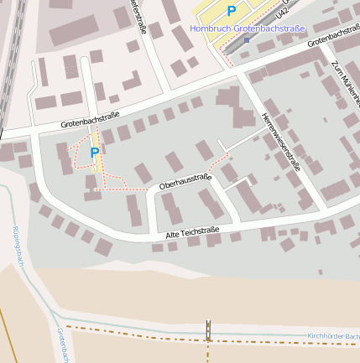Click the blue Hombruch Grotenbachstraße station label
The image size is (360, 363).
(248, 28)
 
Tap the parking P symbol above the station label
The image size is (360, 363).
(232, 11)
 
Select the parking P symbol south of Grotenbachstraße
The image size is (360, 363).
(95, 153)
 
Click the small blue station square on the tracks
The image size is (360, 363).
(247, 40)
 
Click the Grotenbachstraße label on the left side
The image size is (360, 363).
(90, 120)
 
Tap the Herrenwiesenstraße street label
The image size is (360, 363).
(281, 141)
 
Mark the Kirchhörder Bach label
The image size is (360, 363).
(333, 336)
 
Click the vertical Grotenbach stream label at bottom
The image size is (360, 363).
(61, 345)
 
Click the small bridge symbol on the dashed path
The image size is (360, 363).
(209, 331)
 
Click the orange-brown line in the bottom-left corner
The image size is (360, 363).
(8, 335)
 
